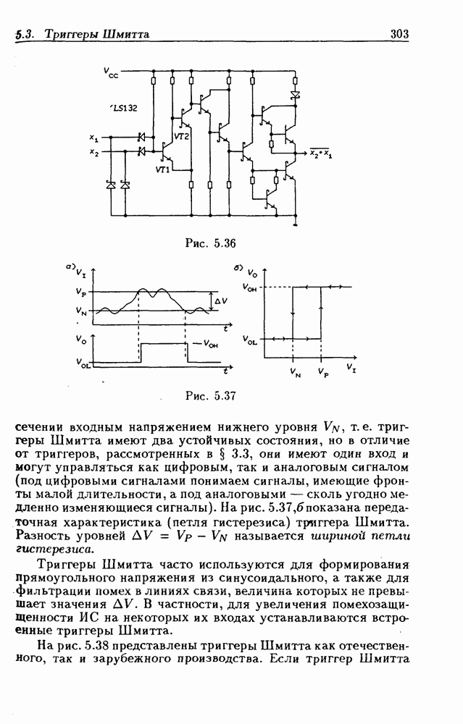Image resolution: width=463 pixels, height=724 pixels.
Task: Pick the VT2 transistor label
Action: pyautogui.click(x=181, y=136)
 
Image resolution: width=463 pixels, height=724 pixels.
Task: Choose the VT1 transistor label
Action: pyautogui.click(x=162, y=169)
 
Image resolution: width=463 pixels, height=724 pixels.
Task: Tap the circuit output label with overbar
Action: pyautogui.click(x=320, y=152)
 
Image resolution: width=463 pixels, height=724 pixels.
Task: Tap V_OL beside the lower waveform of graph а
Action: pyautogui.click(x=84, y=364)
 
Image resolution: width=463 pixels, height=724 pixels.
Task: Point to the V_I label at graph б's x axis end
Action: pyautogui.click(x=351, y=369)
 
